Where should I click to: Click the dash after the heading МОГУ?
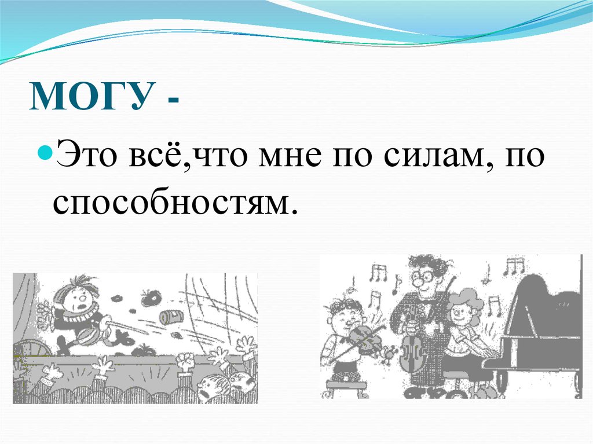[x=174, y=101]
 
